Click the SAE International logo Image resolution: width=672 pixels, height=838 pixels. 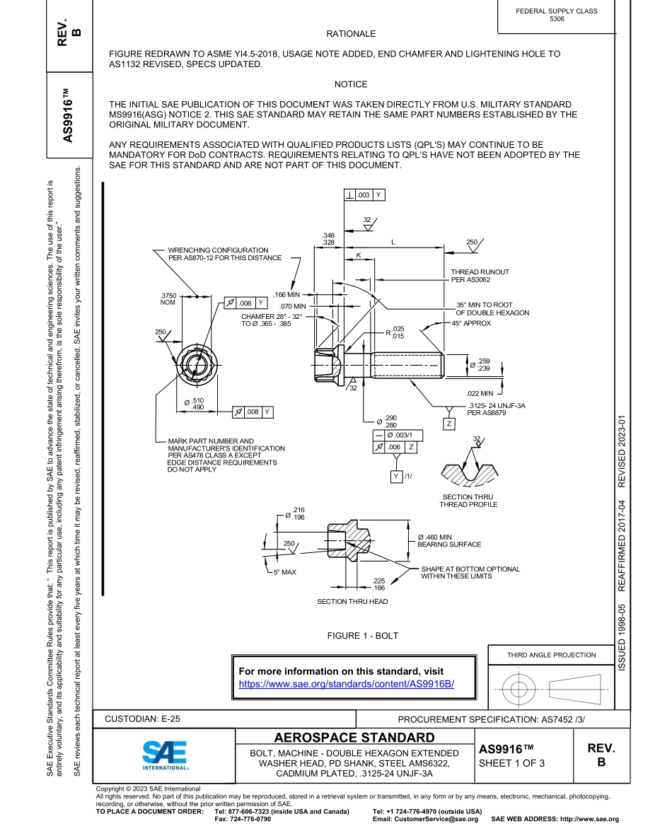pyautogui.click(x=164, y=755)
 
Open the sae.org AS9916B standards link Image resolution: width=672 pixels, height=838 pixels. pyautogui.click(x=346, y=684)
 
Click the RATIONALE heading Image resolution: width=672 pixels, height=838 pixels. pyautogui.click(x=351, y=34)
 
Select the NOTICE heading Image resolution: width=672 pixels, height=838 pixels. pyautogui.click(x=351, y=84)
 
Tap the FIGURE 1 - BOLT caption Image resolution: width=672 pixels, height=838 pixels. pyautogui.click(x=362, y=636)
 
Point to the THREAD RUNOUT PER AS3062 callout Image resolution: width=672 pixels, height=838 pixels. pyautogui.click(x=480, y=276)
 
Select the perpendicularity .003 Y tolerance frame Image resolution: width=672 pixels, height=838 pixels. pyautogui.click(x=364, y=194)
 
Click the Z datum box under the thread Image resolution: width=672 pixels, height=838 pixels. pyautogui.click(x=448, y=424)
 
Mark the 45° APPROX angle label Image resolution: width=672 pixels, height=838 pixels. pyautogui.click(x=471, y=323)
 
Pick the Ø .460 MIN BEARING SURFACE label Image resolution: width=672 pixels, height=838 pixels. pyautogui.click(x=448, y=541)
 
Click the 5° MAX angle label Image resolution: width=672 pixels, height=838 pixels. pyautogui.click(x=286, y=571)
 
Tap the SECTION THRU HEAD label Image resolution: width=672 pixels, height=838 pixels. pyautogui.click(x=352, y=602)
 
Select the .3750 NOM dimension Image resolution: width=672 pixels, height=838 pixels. pyautogui.click(x=167, y=299)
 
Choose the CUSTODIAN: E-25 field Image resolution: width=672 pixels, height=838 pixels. pyautogui.click(x=142, y=718)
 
